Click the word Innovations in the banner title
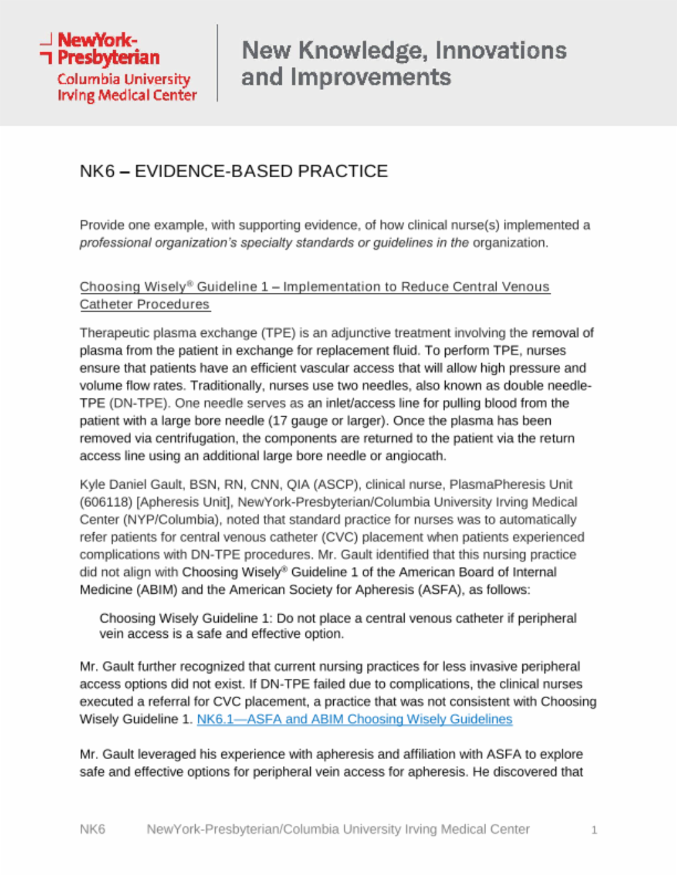pos(500,50)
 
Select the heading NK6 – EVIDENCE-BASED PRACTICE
pos(233,171)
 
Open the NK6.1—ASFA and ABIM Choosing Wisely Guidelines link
pos(354,719)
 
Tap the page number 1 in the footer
pos(594,830)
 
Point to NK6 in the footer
pos(93,830)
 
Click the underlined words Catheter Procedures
pos(144,305)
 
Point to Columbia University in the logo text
pos(124,79)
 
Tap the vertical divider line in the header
pos(218,63)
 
